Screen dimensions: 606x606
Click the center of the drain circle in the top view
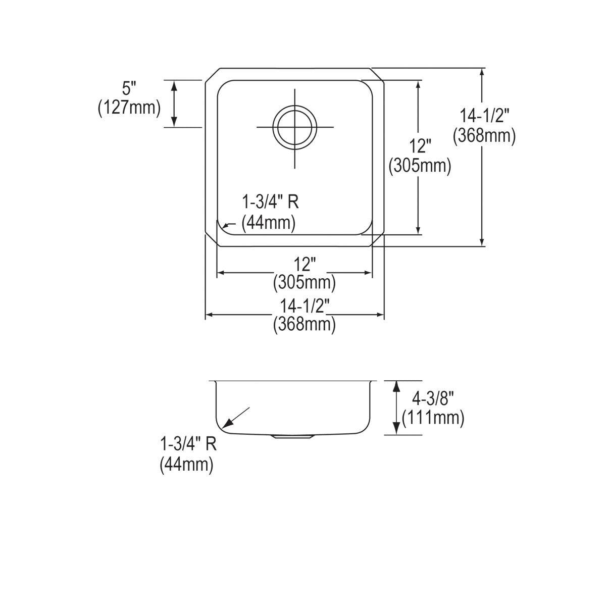[295, 127]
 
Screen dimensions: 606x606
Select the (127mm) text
[129, 108]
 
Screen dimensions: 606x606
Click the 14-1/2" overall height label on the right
[484, 116]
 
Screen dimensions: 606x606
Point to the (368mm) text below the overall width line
[304, 324]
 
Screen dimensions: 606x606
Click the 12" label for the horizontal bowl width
[304, 264]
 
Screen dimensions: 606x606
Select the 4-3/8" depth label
[433, 399]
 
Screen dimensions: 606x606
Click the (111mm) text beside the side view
[433, 418]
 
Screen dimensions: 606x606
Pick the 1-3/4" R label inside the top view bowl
[270, 203]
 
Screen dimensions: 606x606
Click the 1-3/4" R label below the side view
[188, 444]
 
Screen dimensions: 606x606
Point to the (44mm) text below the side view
[186, 464]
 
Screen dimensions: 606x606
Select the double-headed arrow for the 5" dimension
[174, 104]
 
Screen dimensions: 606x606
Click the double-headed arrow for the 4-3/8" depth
[397, 408]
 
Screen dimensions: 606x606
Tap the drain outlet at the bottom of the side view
[292, 437]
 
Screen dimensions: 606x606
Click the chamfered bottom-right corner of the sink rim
[378, 240]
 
